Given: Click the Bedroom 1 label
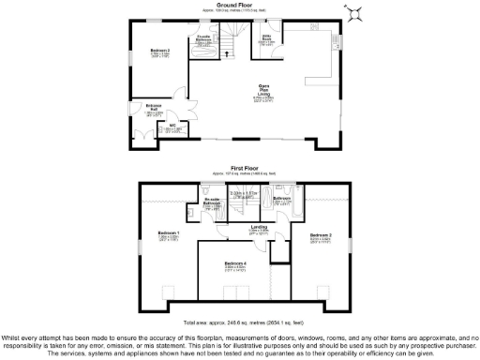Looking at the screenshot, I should coord(169,235).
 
